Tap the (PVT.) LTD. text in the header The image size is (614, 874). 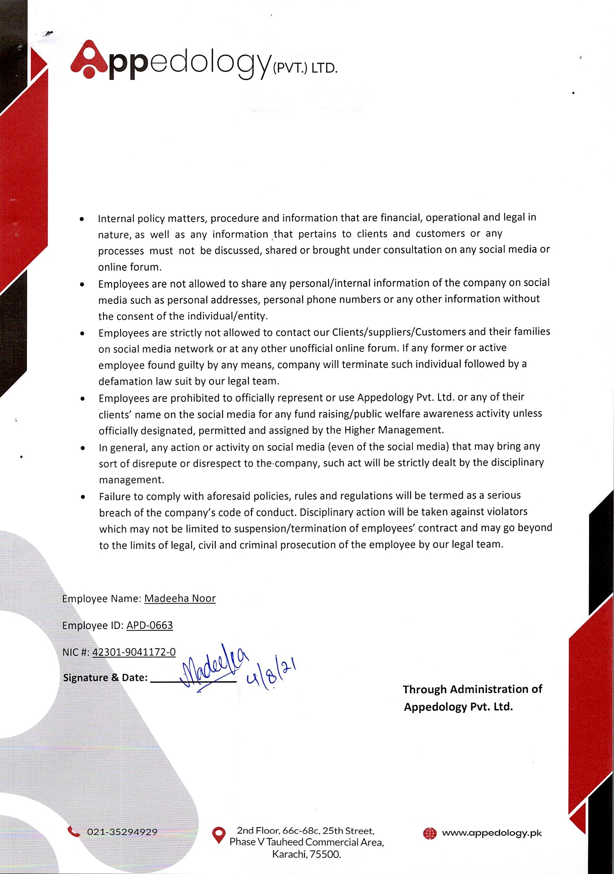click(x=305, y=69)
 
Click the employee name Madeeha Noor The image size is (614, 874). click(x=180, y=598)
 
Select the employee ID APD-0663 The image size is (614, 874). click(x=150, y=625)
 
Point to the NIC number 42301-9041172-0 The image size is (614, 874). click(x=134, y=652)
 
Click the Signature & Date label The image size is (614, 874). click(x=105, y=678)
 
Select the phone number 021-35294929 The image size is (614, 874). click(x=122, y=832)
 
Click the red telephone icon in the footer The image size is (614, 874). click(x=74, y=831)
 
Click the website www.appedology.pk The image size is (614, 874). click(x=492, y=833)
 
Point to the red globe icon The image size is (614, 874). click(x=430, y=834)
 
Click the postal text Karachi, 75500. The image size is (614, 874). click(x=306, y=854)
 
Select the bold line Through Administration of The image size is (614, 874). click(x=472, y=689)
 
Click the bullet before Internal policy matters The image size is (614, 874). click(x=82, y=220)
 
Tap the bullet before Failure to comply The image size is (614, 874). click(x=82, y=497)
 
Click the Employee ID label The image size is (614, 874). click(x=92, y=625)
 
